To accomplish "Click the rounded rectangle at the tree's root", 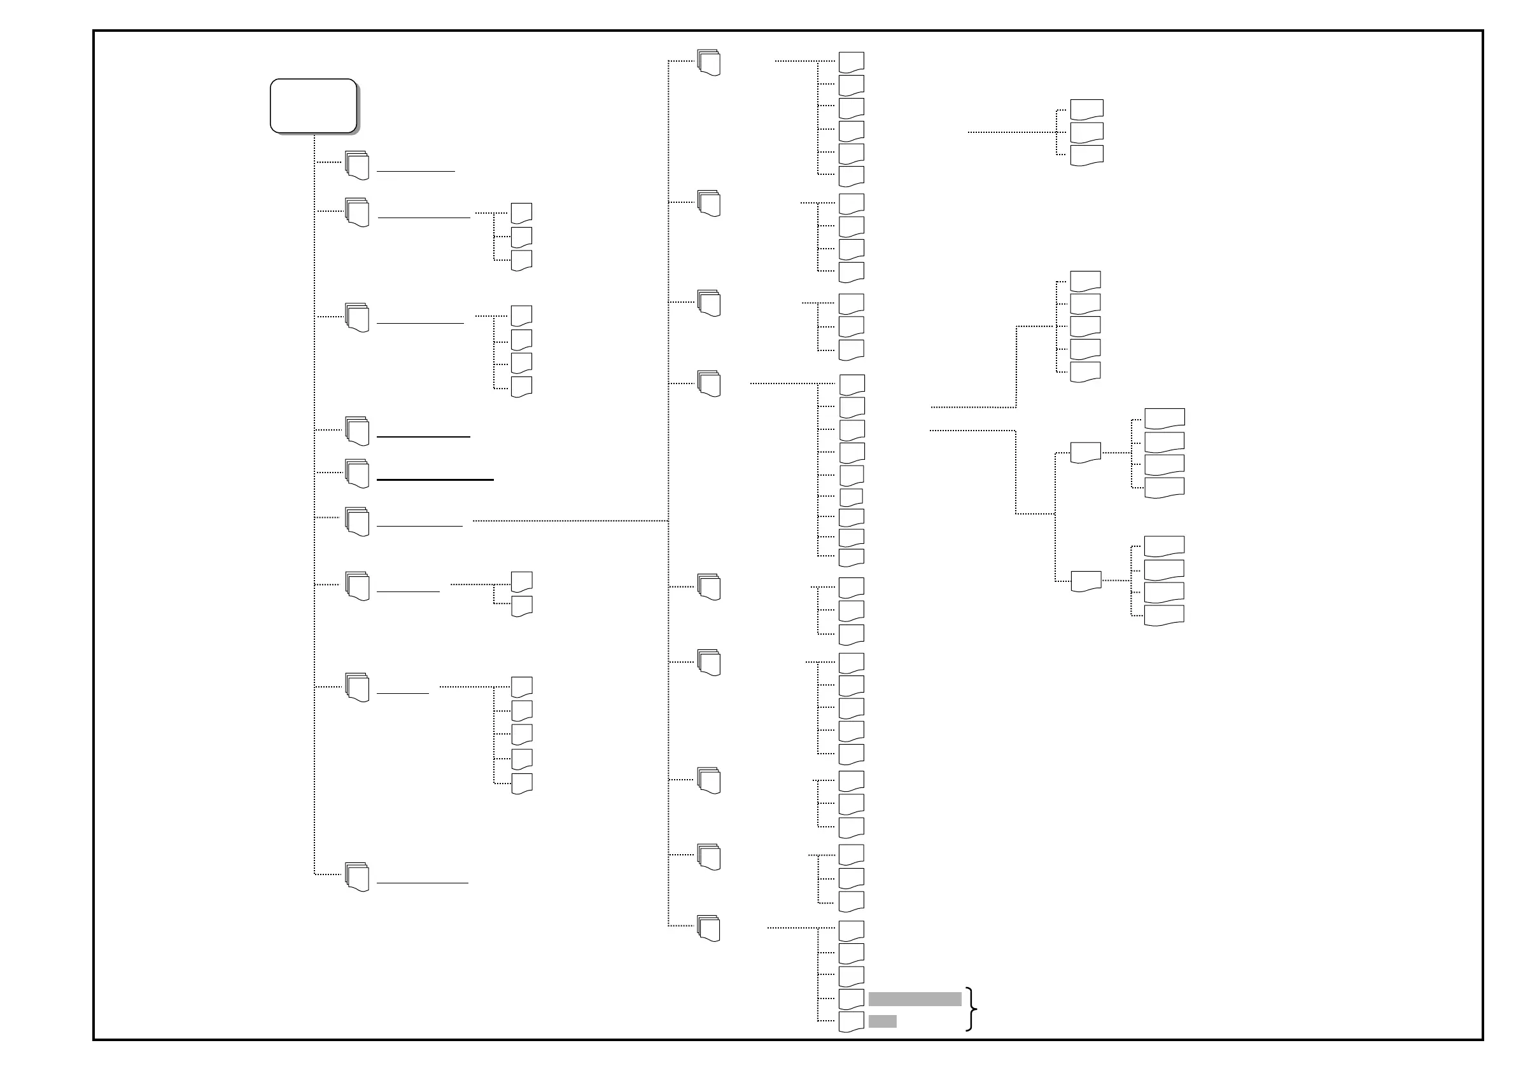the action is pyautogui.click(x=314, y=106).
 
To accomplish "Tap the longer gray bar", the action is pyautogui.click(x=915, y=999).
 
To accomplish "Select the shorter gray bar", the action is pyautogui.click(x=882, y=1021).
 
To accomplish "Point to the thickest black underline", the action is pyautogui.click(x=435, y=480).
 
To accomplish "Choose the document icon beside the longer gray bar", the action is pyautogui.click(x=851, y=999).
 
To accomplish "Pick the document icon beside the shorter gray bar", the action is pyautogui.click(x=851, y=1021).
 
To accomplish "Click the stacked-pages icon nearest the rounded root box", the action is pyautogui.click(x=357, y=165).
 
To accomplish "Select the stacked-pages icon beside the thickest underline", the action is pyautogui.click(x=357, y=474).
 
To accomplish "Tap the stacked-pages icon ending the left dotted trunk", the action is pyautogui.click(x=357, y=877).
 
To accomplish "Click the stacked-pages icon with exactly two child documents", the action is pyautogui.click(x=357, y=586).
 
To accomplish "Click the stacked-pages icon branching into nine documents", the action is pyautogui.click(x=709, y=383).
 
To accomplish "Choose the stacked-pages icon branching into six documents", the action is pyautogui.click(x=709, y=63).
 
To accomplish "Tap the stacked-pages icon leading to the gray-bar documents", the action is pyautogui.click(x=709, y=929).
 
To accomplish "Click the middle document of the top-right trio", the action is pyautogui.click(x=1086, y=132).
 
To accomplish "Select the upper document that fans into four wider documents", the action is pyautogui.click(x=1085, y=453).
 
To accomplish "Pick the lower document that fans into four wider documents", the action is pyautogui.click(x=1086, y=581).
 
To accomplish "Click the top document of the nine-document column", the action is pyautogui.click(x=852, y=384).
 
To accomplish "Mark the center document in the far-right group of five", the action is pyautogui.click(x=1085, y=326).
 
